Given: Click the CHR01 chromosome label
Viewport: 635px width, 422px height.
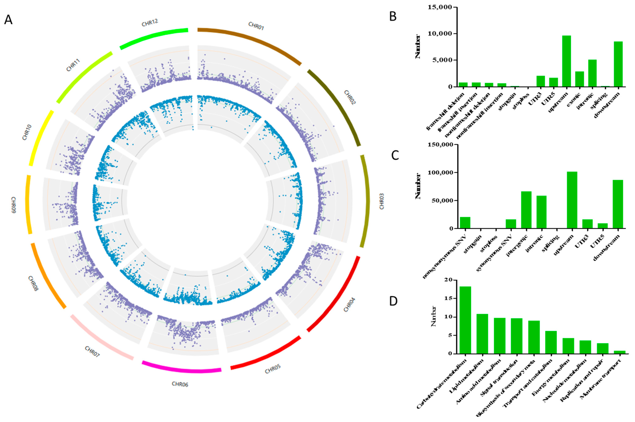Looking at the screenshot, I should coord(256,26).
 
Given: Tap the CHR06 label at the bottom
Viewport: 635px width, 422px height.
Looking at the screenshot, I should coord(180,384).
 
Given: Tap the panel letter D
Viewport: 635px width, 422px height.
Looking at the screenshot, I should coord(393,301).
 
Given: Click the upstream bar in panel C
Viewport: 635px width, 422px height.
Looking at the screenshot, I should coord(572,200).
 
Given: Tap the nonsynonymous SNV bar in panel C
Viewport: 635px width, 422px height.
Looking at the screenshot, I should coord(465,223).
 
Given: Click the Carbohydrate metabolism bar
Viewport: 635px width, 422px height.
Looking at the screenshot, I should coord(465,320).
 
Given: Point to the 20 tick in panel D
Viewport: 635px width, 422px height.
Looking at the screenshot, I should coord(449,280).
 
